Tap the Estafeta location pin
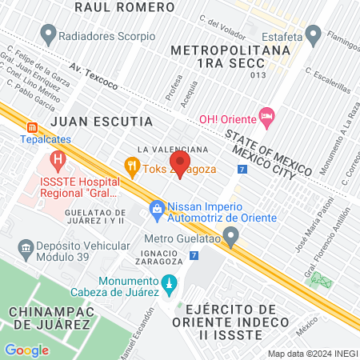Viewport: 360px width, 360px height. [x=314, y=35]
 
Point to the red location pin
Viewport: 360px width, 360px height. [x=180, y=164]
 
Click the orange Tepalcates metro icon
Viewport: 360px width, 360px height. [x=32, y=126]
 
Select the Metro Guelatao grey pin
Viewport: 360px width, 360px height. [x=232, y=237]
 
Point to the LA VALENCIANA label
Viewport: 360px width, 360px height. [x=173, y=150]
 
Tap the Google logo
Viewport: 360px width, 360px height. [x=26, y=349]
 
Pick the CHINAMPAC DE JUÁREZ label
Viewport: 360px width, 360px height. [x=49, y=317]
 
